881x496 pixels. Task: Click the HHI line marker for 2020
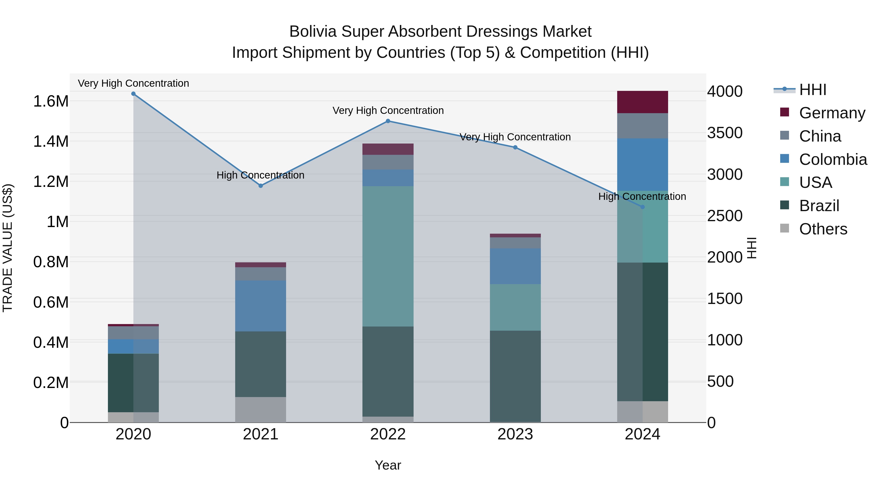(x=133, y=94)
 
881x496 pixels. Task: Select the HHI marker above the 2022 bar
(x=388, y=121)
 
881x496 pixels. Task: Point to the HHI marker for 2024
(x=642, y=207)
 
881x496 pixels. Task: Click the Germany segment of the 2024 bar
(x=642, y=102)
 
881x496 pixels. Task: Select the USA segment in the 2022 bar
(x=388, y=256)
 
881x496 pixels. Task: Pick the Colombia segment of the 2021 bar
(x=261, y=306)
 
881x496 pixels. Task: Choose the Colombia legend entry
(x=833, y=159)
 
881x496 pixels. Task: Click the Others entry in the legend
(x=823, y=229)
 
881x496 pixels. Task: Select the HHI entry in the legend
(x=812, y=90)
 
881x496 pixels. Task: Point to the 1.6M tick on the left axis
(x=51, y=101)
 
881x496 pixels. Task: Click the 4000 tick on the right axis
(x=724, y=92)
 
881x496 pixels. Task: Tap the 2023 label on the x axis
(x=515, y=434)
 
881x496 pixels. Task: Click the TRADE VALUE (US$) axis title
(x=8, y=248)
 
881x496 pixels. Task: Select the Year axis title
(x=388, y=465)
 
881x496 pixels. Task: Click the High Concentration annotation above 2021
(x=261, y=175)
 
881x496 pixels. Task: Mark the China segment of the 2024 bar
(x=642, y=126)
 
